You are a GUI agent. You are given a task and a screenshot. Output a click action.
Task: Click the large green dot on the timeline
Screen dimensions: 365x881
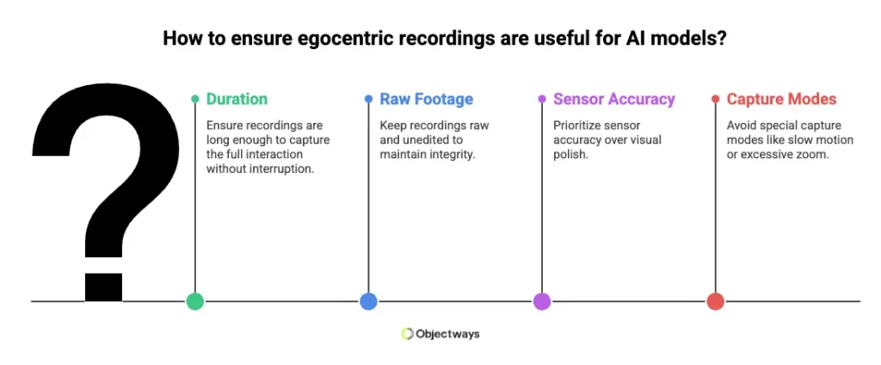[195, 301]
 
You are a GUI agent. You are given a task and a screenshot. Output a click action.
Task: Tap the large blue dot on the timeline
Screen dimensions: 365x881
[368, 301]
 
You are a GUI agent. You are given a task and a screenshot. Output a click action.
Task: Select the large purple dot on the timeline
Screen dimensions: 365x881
[542, 301]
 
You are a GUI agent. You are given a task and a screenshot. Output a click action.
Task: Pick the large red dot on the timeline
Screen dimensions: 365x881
[715, 301]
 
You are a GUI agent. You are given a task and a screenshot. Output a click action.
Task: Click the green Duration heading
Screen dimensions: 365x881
[237, 99]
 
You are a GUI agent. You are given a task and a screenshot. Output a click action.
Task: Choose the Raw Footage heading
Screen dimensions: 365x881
[426, 99]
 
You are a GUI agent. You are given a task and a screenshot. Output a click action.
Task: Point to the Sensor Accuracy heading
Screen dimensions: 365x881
[614, 99]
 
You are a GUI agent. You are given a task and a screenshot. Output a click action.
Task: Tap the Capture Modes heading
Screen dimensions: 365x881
[781, 99]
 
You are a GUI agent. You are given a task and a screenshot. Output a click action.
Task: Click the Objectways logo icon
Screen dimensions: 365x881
[408, 334]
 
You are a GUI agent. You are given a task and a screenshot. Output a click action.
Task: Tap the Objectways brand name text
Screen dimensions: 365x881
[447, 334]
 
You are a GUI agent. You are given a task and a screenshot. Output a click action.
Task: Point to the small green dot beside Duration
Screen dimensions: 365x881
[195, 99]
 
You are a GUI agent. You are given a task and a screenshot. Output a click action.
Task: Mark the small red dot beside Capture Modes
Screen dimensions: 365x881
[715, 99]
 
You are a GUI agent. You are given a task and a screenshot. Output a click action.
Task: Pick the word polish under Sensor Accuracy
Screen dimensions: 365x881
[570, 154]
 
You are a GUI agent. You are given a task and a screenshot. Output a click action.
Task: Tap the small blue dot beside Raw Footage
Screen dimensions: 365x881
[368, 99]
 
